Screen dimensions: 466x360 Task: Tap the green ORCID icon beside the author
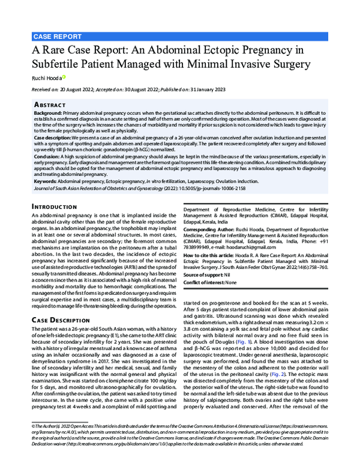pos(64,76)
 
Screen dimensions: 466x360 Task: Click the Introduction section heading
pos(59,206)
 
